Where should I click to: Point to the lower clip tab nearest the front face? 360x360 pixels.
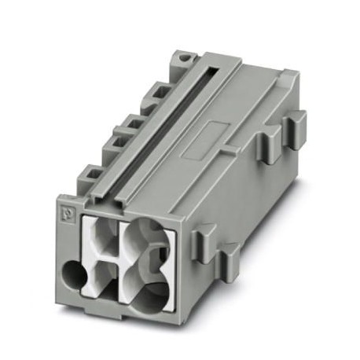[205, 234]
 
